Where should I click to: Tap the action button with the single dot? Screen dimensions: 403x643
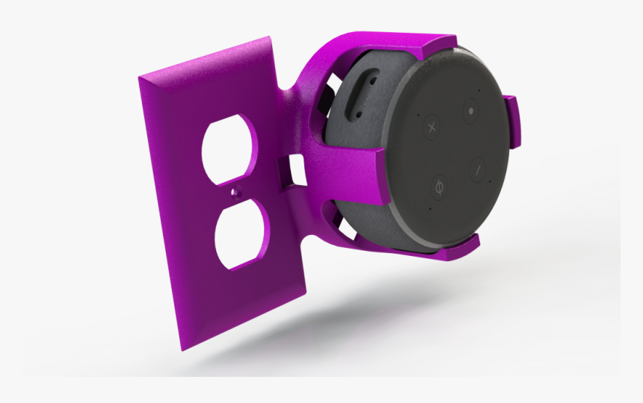[470, 110]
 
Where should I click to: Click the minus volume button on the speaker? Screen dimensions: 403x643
[476, 168]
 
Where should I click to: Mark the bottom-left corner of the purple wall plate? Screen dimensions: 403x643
[181, 348]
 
